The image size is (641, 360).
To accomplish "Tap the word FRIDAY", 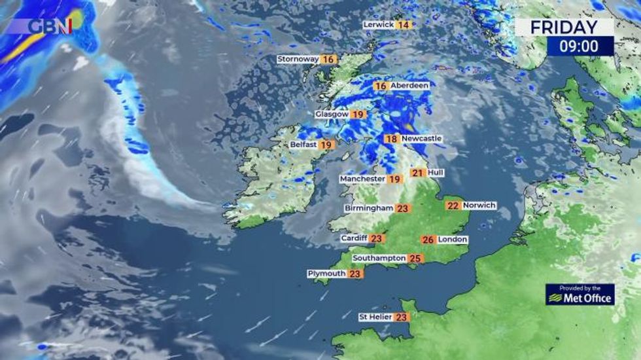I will click(x=564, y=27).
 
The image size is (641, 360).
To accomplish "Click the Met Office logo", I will click(x=580, y=295).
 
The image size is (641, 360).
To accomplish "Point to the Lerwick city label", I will click(x=379, y=25).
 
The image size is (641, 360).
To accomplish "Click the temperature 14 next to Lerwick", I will click(x=404, y=25).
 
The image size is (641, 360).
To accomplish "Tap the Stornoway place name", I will click(x=298, y=59).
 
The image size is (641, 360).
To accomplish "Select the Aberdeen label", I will click(x=409, y=86).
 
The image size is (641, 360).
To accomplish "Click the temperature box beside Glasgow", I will click(x=358, y=114).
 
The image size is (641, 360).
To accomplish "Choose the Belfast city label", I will click(x=303, y=145).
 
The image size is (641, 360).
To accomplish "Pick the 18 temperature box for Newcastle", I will click(x=391, y=139).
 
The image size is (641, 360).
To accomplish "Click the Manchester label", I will click(x=362, y=179).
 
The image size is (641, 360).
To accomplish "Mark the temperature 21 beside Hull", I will click(x=417, y=173).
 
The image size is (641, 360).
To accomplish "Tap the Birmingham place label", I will click(x=369, y=208).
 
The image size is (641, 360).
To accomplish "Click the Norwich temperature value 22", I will click(x=453, y=206).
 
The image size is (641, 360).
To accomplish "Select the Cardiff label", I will click(x=355, y=238).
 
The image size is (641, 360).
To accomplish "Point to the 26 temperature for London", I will click(x=428, y=240).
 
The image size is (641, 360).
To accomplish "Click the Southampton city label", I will click(x=379, y=259).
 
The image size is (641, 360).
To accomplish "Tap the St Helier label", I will click(x=375, y=317).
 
